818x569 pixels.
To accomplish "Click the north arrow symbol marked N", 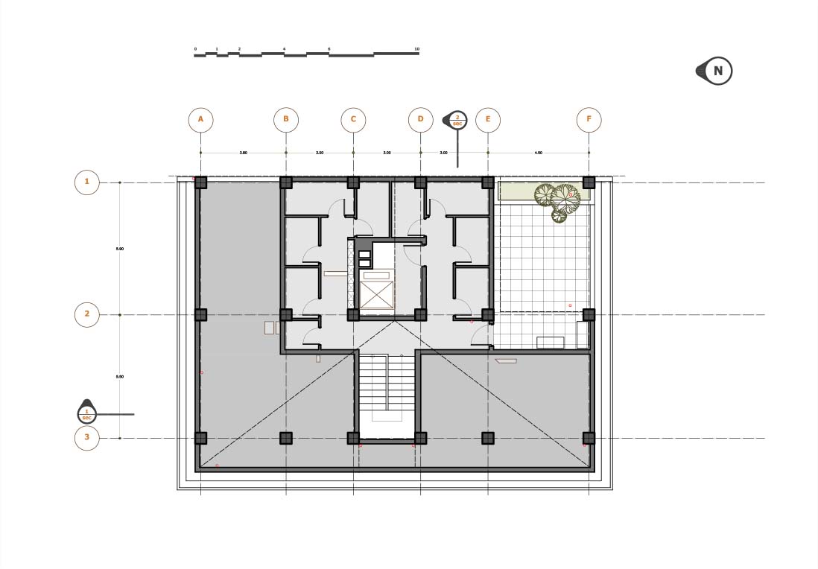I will pos(717,71).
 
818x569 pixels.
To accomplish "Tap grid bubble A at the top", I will pos(200,119).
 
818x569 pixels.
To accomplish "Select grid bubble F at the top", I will pos(589,119).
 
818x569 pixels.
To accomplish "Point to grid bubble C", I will pos(353,119).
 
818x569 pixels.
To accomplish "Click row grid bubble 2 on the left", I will pos(87,314).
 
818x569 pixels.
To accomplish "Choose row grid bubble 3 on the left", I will pos(87,438).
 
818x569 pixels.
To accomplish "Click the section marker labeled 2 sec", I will pos(457,120).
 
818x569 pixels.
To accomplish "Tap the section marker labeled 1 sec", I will pos(87,411).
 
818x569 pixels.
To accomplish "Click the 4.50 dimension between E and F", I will pos(538,153).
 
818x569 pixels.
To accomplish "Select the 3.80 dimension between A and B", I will pos(243,153).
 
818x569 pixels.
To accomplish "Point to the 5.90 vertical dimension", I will pos(120,249).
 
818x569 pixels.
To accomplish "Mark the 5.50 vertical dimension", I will pos(120,377).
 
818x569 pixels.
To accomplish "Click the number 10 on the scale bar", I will pos(417,49).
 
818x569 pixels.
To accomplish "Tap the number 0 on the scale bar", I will pos(195,49).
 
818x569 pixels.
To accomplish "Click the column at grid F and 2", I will pos(589,314).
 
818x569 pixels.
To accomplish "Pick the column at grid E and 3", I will pos(488,438).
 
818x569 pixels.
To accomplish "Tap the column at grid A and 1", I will pos(200,182).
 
